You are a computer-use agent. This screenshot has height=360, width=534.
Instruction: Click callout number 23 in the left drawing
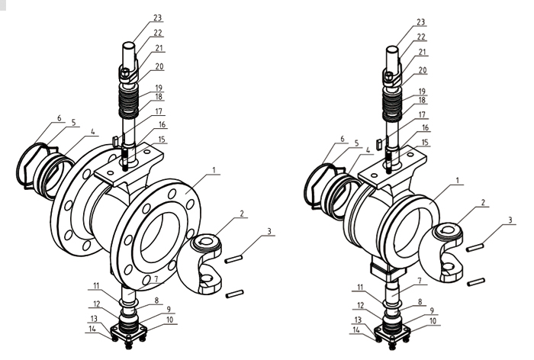click(x=157, y=17)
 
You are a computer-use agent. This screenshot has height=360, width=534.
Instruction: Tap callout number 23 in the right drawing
click(x=421, y=22)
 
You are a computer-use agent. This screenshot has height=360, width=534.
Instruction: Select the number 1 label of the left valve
click(x=214, y=169)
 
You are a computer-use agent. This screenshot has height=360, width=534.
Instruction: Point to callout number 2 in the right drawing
click(x=483, y=202)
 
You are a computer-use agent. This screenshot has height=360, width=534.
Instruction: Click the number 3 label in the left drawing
click(x=269, y=231)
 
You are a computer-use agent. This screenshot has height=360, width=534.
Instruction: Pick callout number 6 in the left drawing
click(x=60, y=118)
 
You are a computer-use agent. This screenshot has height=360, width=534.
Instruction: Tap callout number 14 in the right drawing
click(x=356, y=329)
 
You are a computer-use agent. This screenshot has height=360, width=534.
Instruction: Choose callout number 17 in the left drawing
click(x=159, y=111)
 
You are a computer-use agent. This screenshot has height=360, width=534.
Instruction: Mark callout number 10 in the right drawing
click(x=433, y=321)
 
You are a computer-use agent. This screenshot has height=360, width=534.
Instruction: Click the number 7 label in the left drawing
click(x=156, y=279)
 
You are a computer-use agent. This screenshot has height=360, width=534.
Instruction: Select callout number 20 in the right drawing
click(x=423, y=70)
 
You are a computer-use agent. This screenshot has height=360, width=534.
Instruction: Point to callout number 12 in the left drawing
click(x=96, y=304)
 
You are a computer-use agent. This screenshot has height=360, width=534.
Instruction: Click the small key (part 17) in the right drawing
click(x=378, y=143)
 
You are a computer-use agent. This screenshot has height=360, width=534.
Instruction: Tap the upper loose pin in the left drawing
click(x=233, y=259)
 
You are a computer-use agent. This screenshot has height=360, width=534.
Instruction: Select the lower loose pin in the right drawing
click(x=476, y=282)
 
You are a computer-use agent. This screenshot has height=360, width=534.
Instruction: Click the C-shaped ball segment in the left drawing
click(x=200, y=264)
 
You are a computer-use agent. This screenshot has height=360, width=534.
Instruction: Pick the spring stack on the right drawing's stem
click(x=394, y=104)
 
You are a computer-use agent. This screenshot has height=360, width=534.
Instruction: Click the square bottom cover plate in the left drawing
click(x=129, y=331)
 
